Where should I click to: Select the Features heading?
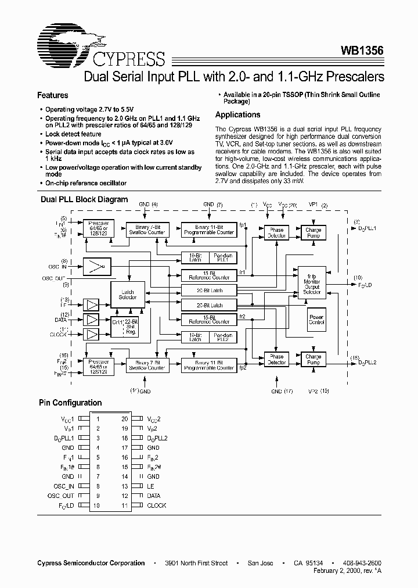tap(53, 95)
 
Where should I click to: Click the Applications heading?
tap(237, 115)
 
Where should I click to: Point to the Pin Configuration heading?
tap(70, 403)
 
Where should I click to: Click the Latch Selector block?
tap(128, 295)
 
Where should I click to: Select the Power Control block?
tap(316, 319)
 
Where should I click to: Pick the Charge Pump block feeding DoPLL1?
tap(313, 233)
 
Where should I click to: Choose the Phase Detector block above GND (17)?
tap(276, 360)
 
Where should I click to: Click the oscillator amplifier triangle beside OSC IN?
tap(95, 267)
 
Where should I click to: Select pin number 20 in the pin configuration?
tap(124, 419)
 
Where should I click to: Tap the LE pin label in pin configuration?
tap(150, 486)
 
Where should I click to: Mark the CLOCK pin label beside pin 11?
tap(156, 505)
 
